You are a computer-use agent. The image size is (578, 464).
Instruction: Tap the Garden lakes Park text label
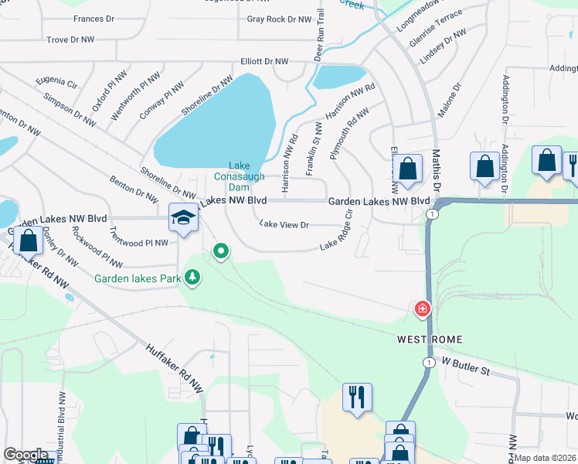tap(138, 278)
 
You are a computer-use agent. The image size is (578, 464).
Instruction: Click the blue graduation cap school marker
tap(183, 217)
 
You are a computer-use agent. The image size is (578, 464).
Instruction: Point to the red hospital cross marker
tap(423, 310)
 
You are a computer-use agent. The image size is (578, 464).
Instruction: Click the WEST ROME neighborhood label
tap(430, 339)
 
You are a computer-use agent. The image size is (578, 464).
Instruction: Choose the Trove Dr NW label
tap(70, 39)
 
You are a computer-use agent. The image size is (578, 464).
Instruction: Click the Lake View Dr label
tap(284, 225)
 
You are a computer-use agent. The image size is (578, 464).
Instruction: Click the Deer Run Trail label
tap(318, 37)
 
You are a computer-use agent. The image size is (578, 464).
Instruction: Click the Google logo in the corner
tap(26, 455)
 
